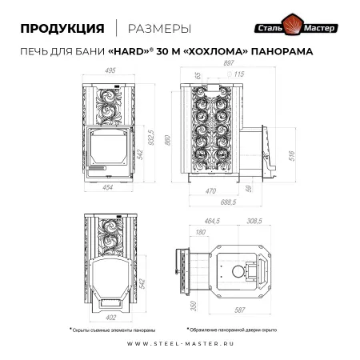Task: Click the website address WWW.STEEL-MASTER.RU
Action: point(179,346)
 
